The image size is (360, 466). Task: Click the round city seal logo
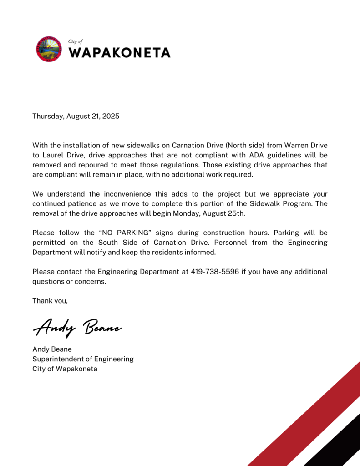(x=49, y=49)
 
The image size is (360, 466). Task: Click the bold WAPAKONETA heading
(x=119, y=52)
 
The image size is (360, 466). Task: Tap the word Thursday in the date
(x=48, y=116)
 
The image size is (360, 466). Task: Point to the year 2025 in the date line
(x=111, y=116)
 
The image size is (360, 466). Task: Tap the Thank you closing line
(x=50, y=301)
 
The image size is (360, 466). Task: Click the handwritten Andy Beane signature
(x=77, y=327)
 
